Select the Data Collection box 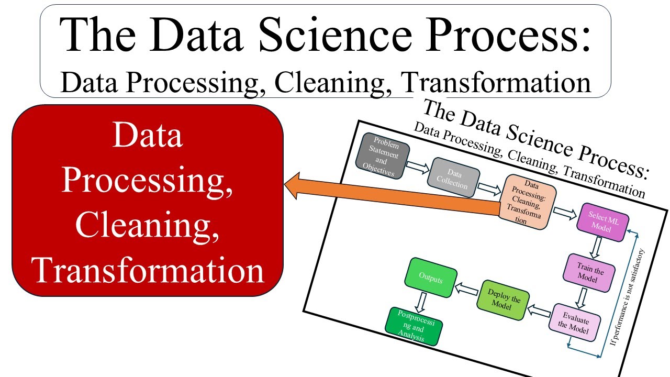click(x=453, y=179)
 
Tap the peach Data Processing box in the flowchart click(x=529, y=202)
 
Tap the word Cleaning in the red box click(x=147, y=226)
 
